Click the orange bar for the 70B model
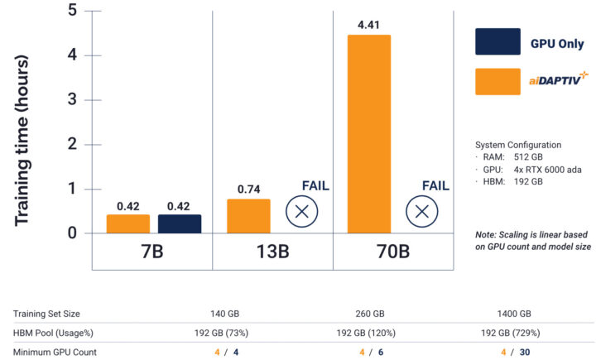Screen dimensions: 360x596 pyautogui.click(x=368, y=134)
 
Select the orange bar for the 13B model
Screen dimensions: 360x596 pyautogui.click(x=248, y=216)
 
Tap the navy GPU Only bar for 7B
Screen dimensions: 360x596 pyautogui.click(x=180, y=223)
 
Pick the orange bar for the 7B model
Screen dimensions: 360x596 pyautogui.click(x=128, y=223)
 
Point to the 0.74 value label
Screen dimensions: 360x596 pyautogui.click(x=248, y=189)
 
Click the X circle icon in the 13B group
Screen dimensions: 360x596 pyautogui.click(x=302, y=211)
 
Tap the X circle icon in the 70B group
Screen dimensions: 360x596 pyautogui.click(x=422, y=211)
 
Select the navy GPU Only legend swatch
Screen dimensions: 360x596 pyautogui.click(x=497, y=41)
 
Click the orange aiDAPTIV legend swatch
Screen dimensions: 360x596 pyautogui.click(x=497, y=81)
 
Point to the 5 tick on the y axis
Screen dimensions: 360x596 pyautogui.click(x=72, y=11)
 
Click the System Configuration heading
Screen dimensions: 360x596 pyautogui.click(x=518, y=144)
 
